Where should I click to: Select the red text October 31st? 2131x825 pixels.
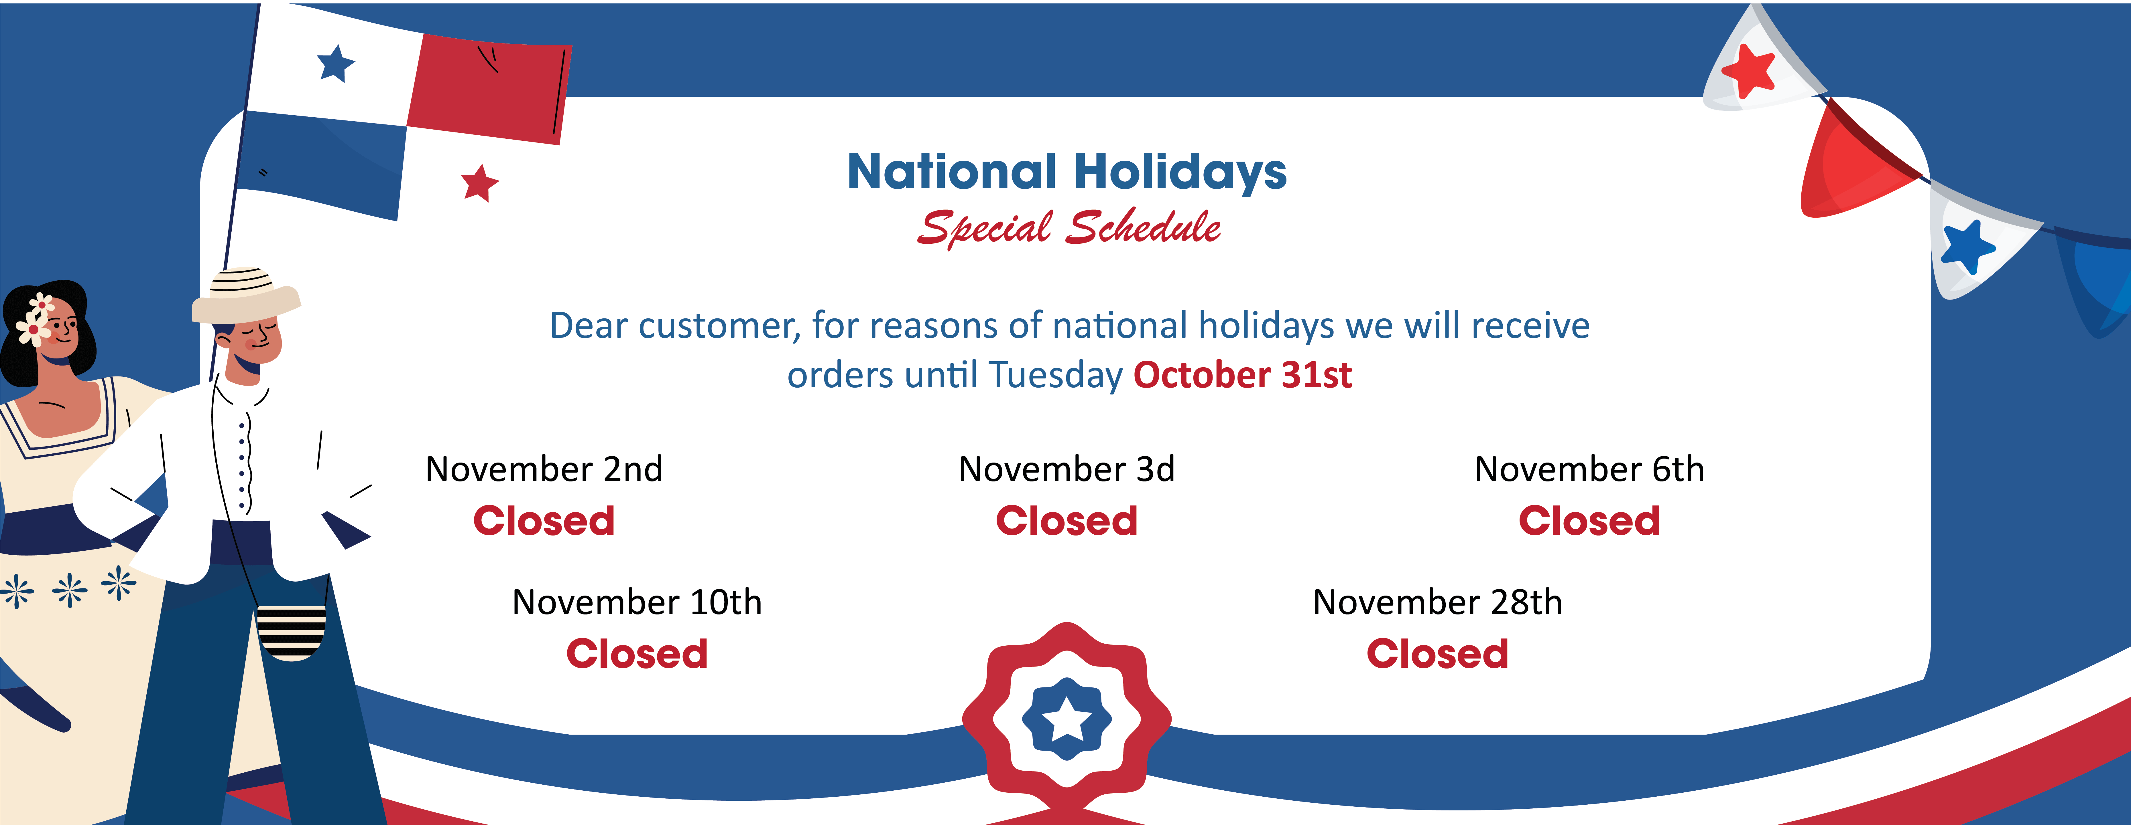click(1243, 374)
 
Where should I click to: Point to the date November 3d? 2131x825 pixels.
click(1066, 469)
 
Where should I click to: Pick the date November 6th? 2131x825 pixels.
click(1589, 469)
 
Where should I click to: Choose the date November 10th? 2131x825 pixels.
click(637, 602)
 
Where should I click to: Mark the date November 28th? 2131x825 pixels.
click(1438, 602)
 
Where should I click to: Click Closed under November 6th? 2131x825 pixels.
click(1589, 521)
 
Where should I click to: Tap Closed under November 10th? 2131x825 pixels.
click(637, 654)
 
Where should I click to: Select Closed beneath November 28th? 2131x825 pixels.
click(1438, 654)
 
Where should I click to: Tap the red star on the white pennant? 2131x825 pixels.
click(1749, 70)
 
